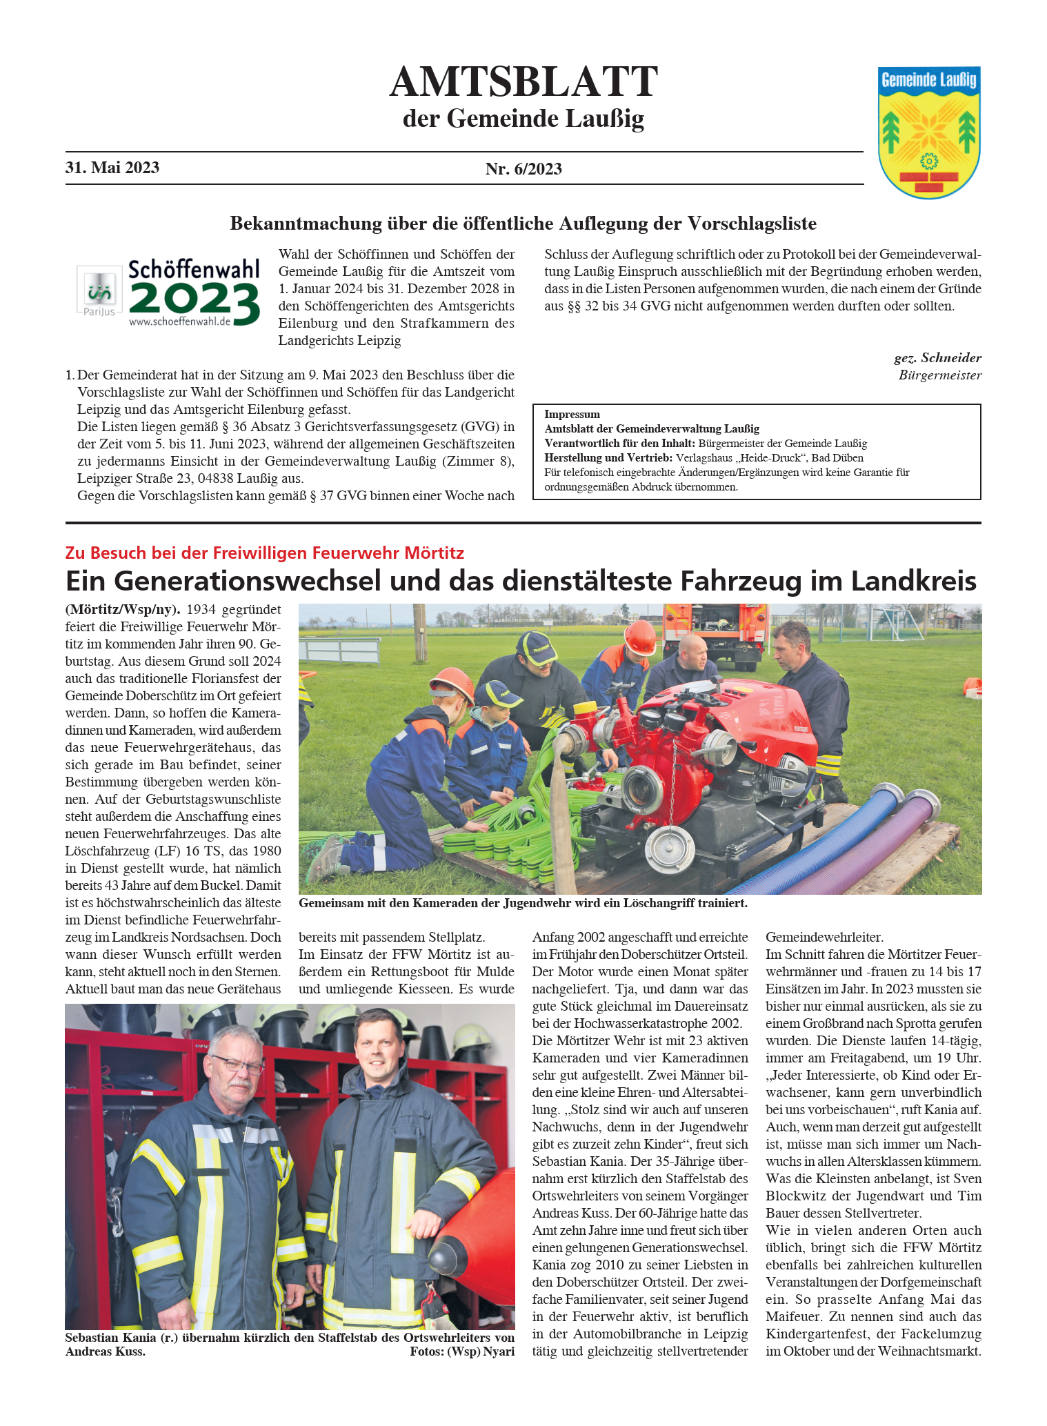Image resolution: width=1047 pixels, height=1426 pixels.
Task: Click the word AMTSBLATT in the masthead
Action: coord(523,82)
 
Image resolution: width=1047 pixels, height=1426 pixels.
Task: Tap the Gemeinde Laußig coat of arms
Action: coord(928,132)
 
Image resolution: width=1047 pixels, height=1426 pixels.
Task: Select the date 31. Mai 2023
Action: coord(112,168)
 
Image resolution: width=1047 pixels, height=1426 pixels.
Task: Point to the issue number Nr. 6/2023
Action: coord(523,169)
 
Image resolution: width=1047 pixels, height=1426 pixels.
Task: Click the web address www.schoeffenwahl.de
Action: coord(179,321)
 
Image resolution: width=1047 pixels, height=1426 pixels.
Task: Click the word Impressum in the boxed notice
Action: coord(572,415)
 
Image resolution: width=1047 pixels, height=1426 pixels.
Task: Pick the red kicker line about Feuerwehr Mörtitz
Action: coord(264,553)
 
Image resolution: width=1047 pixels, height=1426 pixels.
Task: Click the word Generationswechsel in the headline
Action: coord(247,581)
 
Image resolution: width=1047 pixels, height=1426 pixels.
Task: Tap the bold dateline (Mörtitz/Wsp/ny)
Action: coord(123,610)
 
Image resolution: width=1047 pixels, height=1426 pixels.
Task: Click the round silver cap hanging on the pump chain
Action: coord(666,846)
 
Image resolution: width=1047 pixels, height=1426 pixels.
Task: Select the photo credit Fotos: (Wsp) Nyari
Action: coord(461,1351)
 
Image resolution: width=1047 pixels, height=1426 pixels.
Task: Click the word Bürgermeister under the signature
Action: coord(939,375)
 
